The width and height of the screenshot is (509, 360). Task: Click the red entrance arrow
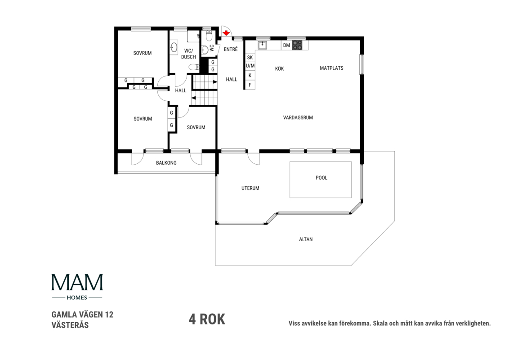coord(226,33)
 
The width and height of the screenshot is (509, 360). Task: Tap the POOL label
coord(321,178)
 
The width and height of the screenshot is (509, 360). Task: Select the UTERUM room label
coord(250,188)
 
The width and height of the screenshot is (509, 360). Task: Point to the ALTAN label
coord(306,239)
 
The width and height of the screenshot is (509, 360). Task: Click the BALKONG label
coord(166,163)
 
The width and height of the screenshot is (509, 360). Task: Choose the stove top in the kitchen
coord(297,45)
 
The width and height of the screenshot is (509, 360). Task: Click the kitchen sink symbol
coord(262,45)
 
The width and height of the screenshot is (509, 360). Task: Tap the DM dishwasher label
coord(286,45)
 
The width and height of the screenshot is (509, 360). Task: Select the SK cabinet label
coord(250,58)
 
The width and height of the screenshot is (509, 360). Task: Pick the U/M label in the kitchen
coord(250,66)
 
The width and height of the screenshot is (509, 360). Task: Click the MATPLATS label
coord(331,68)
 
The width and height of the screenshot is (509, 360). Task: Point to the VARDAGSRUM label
coord(298,117)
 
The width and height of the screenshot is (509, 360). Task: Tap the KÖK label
coord(280,68)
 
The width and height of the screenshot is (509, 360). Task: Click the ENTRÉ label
coord(231,49)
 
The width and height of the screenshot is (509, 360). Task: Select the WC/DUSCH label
coord(188,54)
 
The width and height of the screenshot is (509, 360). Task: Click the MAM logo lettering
coord(77,282)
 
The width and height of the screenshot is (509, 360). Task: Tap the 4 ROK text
coord(207,319)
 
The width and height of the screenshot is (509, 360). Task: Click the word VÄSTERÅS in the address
coord(70,325)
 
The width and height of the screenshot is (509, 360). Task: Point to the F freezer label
coord(250,85)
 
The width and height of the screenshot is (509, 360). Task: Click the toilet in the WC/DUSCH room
coord(194,67)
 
